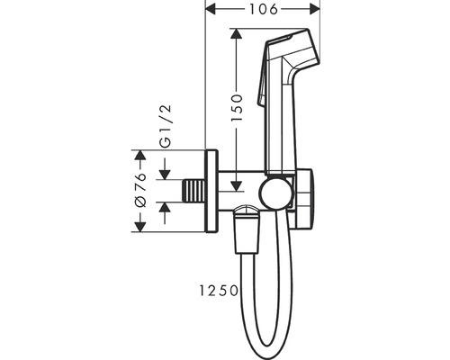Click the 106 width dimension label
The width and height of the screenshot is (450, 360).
[264, 10]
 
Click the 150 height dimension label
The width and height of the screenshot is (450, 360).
[237, 108]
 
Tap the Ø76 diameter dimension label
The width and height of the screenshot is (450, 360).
[140, 190]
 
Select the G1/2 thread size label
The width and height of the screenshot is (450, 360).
[166, 126]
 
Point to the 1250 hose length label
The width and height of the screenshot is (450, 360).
[219, 291]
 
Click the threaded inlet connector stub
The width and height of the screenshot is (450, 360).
[194, 191]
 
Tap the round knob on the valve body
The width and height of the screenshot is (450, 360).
[275, 195]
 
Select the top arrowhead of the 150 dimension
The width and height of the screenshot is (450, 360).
[237, 33]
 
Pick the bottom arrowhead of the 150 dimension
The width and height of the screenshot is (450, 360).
[237, 185]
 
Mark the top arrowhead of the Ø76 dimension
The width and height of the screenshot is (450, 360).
[140, 155]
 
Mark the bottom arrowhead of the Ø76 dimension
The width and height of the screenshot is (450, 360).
[140, 227]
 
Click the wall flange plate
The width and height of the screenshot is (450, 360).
[211, 191]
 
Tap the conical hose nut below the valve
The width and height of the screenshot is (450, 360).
[247, 229]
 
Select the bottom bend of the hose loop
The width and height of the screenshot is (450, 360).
[268, 344]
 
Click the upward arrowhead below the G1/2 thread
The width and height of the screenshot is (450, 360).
[165, 208]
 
